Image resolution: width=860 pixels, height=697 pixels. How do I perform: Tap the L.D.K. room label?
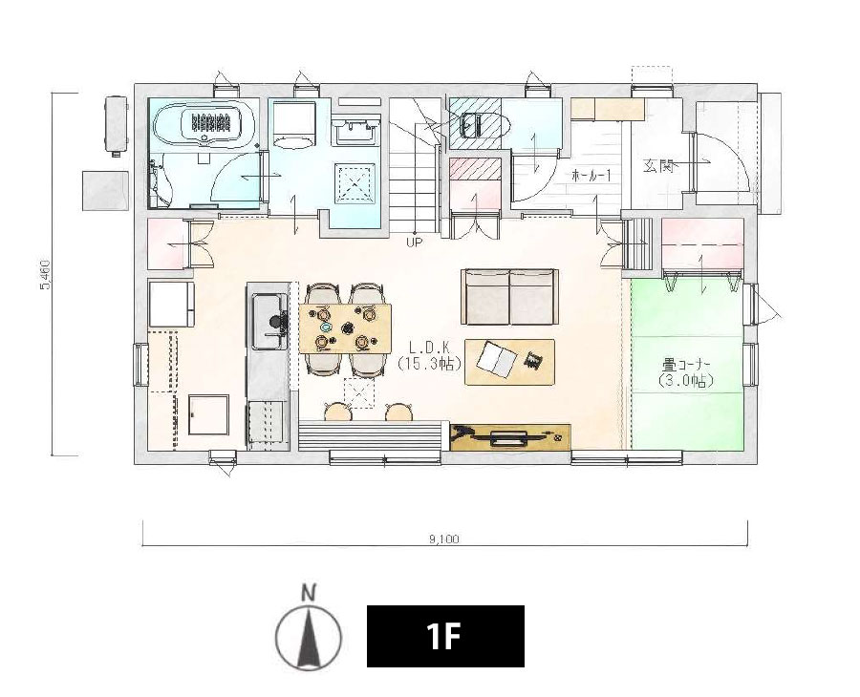pos(429,348)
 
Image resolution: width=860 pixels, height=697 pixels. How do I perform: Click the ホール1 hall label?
pos(591,176)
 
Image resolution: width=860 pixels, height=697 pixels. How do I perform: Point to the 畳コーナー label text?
pos(687,365)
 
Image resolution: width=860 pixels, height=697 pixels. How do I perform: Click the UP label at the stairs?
pos(415,242)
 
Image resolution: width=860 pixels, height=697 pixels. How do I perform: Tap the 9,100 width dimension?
pos(444,539)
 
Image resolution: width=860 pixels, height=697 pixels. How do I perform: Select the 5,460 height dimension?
pos(46,275)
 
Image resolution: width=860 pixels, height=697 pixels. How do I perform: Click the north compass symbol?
pos(309,638)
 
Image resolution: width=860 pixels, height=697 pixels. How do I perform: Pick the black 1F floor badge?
pos(445,636)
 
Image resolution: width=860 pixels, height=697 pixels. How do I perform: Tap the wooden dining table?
pos(346,328)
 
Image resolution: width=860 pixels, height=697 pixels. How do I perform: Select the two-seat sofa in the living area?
pos(510,297)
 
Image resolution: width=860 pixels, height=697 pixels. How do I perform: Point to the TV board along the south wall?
pos(510,436)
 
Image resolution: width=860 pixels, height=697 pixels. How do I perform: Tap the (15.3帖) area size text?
pos(429,363)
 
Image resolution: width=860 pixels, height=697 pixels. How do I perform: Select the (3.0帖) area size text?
pos(687,381)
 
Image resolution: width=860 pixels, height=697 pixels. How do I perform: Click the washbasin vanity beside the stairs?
pos(355,131)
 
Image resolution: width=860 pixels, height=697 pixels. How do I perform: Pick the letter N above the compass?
pos(310,593)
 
